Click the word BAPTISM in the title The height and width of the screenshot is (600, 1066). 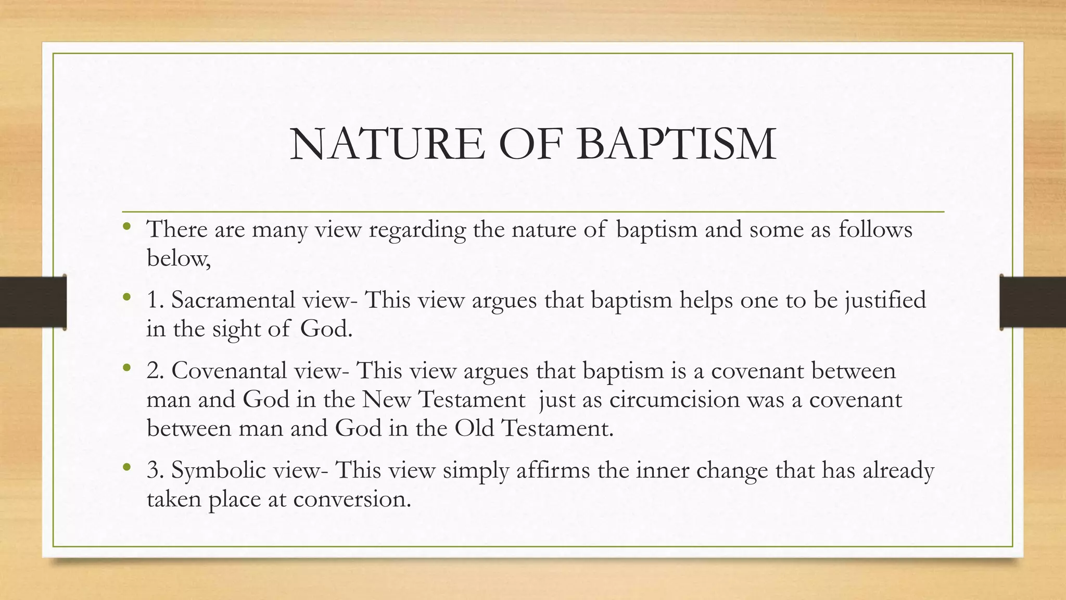pos(676,144)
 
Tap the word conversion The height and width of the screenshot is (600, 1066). pos(352,499)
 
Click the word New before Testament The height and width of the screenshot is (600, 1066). pos(386,399)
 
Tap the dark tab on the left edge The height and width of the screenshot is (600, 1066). pos(33,302)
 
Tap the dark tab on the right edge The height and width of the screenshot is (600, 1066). pos(1033,302)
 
